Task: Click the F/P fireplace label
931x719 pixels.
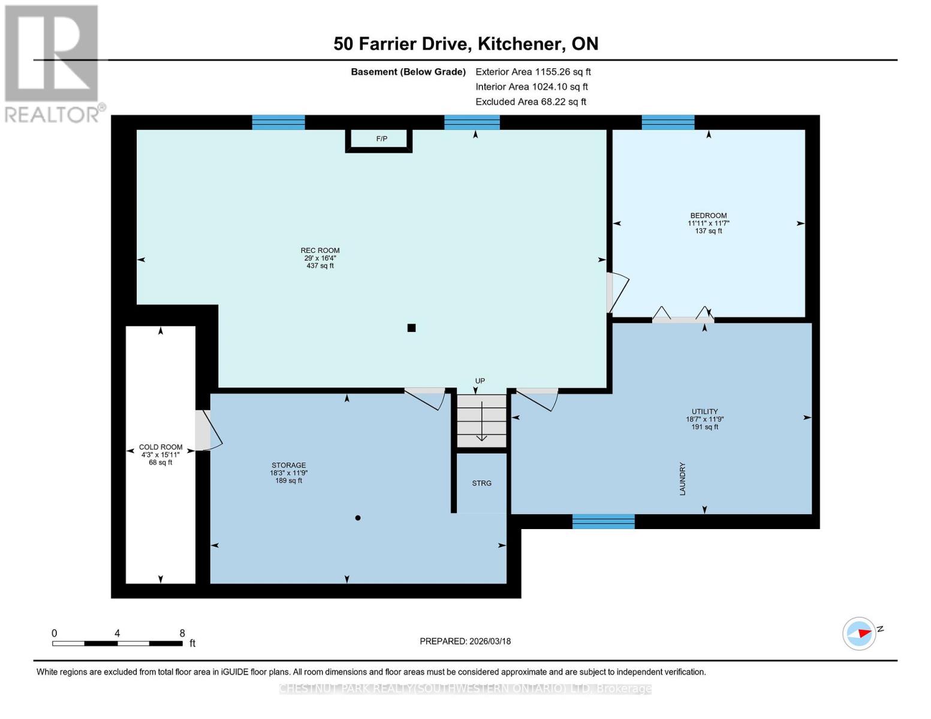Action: tap(381, 139)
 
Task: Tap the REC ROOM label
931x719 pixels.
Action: tap(320, 250)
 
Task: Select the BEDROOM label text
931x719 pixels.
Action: tap(708, 216)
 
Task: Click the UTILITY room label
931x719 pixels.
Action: tap(704, 412)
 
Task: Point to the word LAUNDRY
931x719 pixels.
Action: tap(682, 479)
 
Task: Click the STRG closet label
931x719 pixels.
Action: tap(481, 483)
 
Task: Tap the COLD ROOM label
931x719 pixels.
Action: tap(161, 447)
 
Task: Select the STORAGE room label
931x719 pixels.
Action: tap(288, 465)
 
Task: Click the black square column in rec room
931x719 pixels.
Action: tap(411, 328)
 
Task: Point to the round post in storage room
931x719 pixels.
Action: tap(358, 518)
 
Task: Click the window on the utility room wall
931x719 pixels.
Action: tap(603, 521)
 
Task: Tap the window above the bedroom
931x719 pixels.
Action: tap(668, 122)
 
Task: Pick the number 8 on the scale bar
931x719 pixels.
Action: tap(182, 633)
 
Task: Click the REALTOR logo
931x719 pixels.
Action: tap(53, 64)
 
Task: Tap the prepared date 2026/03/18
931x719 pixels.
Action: tap(465, 641)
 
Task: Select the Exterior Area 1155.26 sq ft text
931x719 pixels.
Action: tap(533, 72)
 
